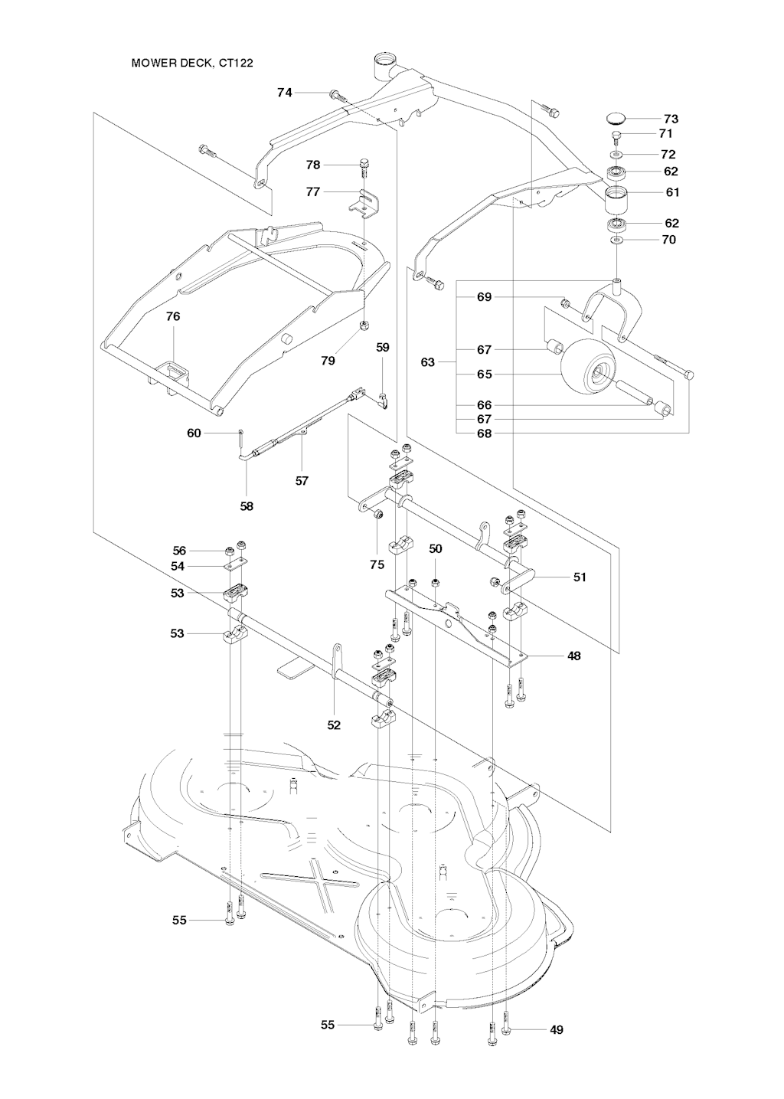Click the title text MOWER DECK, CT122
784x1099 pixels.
[192, 63]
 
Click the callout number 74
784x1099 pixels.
[284, 93]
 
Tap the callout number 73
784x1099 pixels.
[671, 119]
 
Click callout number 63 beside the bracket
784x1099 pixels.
[427, 361]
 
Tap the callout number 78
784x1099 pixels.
[312, 165]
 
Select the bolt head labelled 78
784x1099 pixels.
[364, 162]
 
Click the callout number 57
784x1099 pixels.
[302, 481]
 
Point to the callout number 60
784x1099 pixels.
[194, 433]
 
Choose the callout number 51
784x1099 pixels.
[580, 577]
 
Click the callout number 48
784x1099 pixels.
[573, 656]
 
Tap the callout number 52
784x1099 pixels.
[334, 724]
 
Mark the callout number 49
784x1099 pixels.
[557, 1029]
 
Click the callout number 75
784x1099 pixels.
[377, 564]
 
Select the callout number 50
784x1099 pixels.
[435, 549]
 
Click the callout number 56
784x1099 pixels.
[179, 551]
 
